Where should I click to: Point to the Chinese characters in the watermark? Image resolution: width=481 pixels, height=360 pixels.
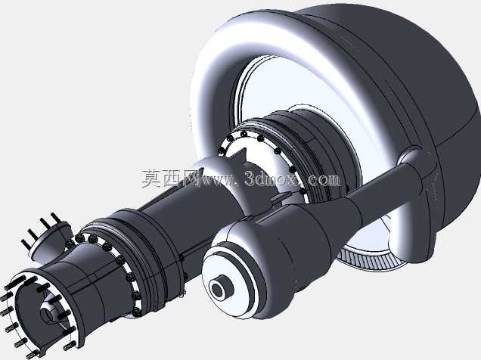pyautogui.click(x=169, y=178)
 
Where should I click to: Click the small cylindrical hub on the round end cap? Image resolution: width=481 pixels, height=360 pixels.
pyautogui.click(x=221, y=289)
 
